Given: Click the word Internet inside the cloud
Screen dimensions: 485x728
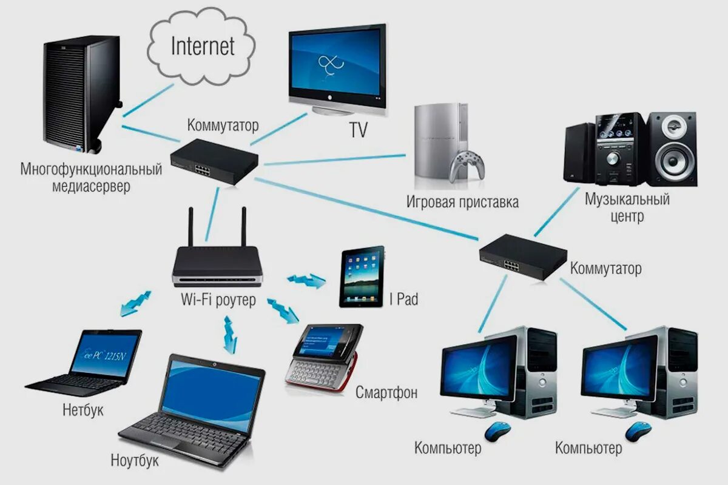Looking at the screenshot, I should pos(203,46).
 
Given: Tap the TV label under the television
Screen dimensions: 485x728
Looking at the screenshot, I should pos(358,130).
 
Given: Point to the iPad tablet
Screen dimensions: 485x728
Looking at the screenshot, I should pos(362,276).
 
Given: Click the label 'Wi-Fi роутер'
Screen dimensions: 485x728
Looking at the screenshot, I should pos(218,300).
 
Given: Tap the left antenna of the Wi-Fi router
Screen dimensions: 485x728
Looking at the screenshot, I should pos(190,227).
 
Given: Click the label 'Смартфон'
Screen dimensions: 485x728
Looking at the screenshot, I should pos(387,392).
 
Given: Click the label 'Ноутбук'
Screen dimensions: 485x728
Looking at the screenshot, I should pos(135,460).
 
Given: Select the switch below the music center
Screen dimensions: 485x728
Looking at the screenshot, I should pos(522,256).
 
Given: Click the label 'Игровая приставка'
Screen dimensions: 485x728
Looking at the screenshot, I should pos(462,202).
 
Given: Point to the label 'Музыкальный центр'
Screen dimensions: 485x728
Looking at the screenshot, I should pos(627,207).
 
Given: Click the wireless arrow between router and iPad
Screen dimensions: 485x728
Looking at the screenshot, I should pos(306,280).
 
